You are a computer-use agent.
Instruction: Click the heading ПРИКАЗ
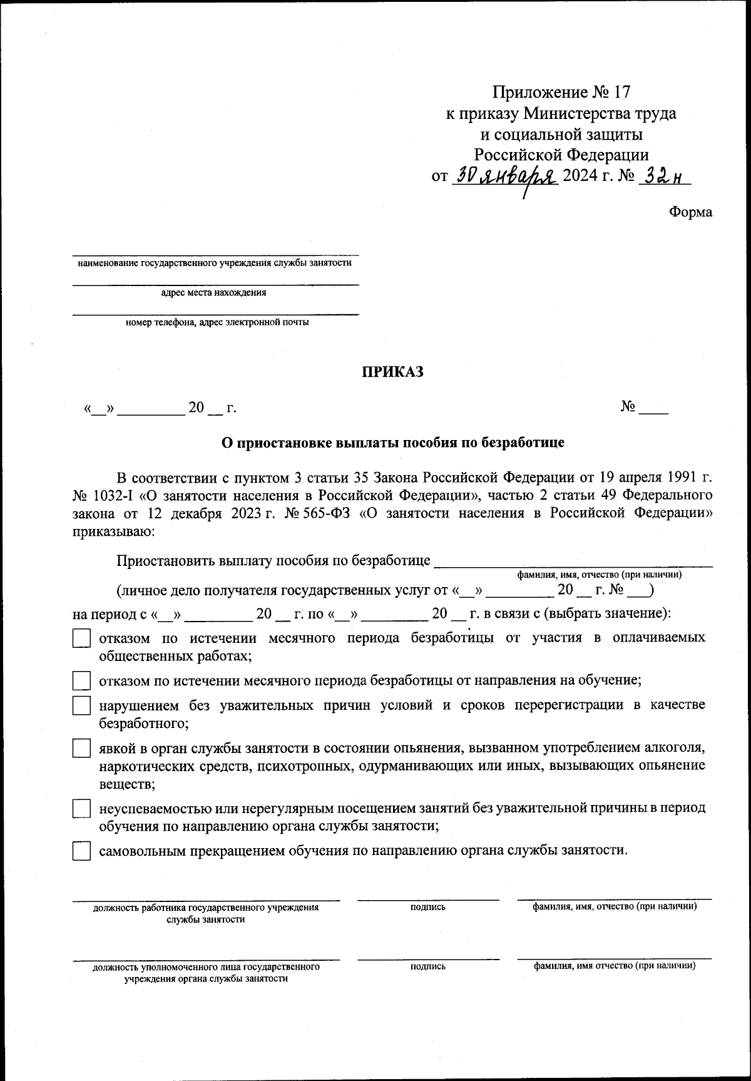pos(392,372)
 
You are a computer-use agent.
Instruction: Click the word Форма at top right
pos(690,212)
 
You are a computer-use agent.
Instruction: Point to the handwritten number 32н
pos(662,178)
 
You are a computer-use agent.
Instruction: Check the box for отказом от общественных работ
pos(81,638)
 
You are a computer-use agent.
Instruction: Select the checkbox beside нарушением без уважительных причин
pos(81,706)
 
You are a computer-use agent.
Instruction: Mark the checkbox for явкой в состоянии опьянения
pos(81,748)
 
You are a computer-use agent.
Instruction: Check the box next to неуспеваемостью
pos(81,808)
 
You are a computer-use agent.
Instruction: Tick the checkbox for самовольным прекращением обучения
pos(81,851)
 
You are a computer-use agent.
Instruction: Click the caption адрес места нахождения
pos(213,292)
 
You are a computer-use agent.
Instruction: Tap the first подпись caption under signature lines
pos(428,906)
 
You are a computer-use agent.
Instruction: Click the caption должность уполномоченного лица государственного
pos(206,966)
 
